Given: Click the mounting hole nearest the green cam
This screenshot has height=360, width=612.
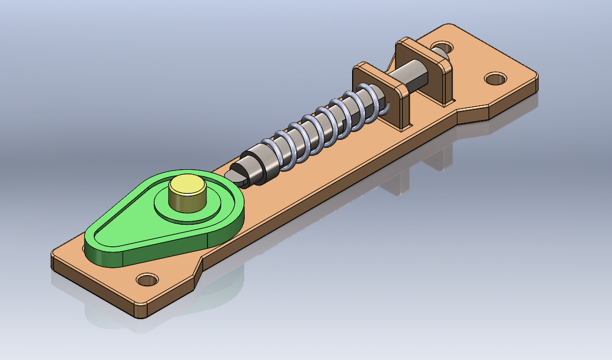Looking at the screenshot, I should (x=147, y=279).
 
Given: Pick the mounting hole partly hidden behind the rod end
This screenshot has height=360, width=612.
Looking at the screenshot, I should (x=443, y=47).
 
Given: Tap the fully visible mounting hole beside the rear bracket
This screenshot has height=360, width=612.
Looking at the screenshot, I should (x=495, y=79).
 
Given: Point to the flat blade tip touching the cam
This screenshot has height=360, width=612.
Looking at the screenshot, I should (x=235, y=175).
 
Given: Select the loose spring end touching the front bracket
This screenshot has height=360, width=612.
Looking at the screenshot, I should (x=386, y=110).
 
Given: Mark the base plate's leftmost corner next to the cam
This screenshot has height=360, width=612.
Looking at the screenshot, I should (x=54, y=257).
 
